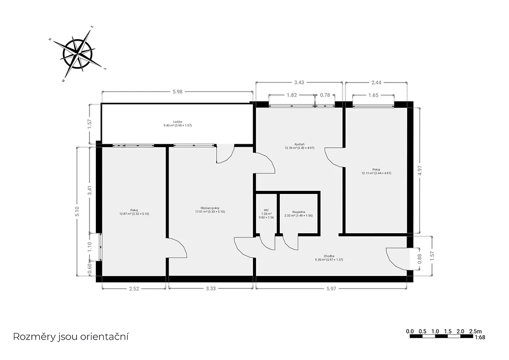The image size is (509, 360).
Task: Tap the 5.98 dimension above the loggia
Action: pos(177,91)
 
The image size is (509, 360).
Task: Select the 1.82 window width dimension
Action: pos(291,95)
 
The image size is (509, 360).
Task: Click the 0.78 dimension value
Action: pos(325,95)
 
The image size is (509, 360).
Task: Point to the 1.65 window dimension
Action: pos(373,95)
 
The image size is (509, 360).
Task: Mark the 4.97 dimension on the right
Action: pos(420,171)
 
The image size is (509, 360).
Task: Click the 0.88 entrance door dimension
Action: pos(420,259)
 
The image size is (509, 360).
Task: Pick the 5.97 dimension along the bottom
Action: pos(331,288)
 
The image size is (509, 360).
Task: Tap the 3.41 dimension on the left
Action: pos(90,190)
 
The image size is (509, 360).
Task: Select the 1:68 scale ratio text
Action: pos(480,337)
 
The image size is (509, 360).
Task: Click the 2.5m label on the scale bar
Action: pos(476,332)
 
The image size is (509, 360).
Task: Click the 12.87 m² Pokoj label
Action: pos(134,212)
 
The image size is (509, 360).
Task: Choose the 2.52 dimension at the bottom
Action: pos(134,288)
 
